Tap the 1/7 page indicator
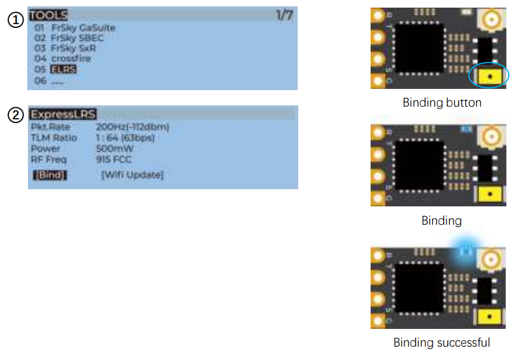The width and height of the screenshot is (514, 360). pos(284,15)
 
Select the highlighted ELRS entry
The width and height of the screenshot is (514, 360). pos(63,69)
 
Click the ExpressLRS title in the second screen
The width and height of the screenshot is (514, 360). pos(63,115)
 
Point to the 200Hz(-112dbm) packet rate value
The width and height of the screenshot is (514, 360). pos(133,127)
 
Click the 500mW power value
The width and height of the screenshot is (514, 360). pos(115,149)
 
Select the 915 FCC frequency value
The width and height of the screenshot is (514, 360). pos(114,159)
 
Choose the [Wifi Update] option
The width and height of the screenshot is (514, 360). pos(132,175)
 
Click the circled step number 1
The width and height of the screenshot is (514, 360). pos(15,20)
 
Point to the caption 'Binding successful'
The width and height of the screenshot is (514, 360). pos(442,343)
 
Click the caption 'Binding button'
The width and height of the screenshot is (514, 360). pos(442,102)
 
